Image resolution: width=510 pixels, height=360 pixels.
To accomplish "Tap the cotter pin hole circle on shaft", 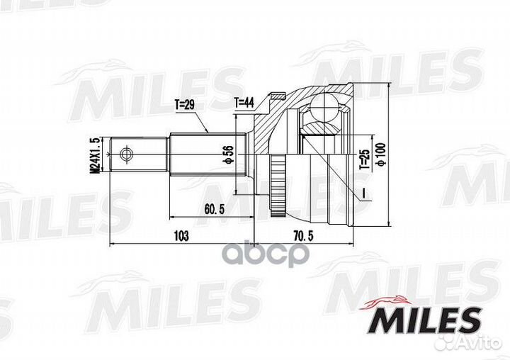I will tap(125, 153).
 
